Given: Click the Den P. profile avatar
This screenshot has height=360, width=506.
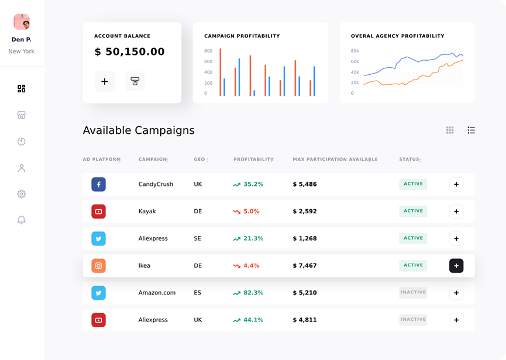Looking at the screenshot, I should (x=22, y=22).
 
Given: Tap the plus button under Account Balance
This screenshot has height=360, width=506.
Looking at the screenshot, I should (x=105, y=81).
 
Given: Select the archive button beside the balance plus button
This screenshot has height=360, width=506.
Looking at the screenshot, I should (x=135, y=81).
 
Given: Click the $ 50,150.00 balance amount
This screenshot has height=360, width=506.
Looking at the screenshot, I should (x=129, y=52).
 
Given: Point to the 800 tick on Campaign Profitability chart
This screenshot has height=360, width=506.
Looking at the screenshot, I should (x=208, y=51).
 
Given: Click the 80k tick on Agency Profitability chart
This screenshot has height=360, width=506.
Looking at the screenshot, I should (x=354, y=51).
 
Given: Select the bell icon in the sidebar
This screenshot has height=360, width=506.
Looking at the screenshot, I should (x=22, y=220).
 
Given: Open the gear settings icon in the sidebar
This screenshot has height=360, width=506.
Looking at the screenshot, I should (x=22, y=194).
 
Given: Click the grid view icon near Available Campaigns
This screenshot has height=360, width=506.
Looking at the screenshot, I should (x=450, y=130).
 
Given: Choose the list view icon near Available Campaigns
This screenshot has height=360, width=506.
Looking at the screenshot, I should (x=471, y=130).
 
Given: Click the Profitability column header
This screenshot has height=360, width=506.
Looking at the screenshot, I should (x=253, y=160).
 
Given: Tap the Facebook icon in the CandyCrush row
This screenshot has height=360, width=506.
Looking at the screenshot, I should (x=98, y=184).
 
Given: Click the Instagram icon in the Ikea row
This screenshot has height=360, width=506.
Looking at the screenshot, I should (x=98, y=265).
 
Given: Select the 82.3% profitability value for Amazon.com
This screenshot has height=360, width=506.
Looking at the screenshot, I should (x=253, y=293).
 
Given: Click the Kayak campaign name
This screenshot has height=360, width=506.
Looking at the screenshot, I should (x=147, y=212).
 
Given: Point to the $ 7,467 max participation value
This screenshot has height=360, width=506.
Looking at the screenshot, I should (x=305, y=266).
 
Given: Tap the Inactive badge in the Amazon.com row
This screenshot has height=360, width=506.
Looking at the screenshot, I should (x=413, y=292).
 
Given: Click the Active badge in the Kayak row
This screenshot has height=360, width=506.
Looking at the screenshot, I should (x=413, y=211).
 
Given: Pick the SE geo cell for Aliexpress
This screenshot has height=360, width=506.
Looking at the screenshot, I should (x=198, y=238).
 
